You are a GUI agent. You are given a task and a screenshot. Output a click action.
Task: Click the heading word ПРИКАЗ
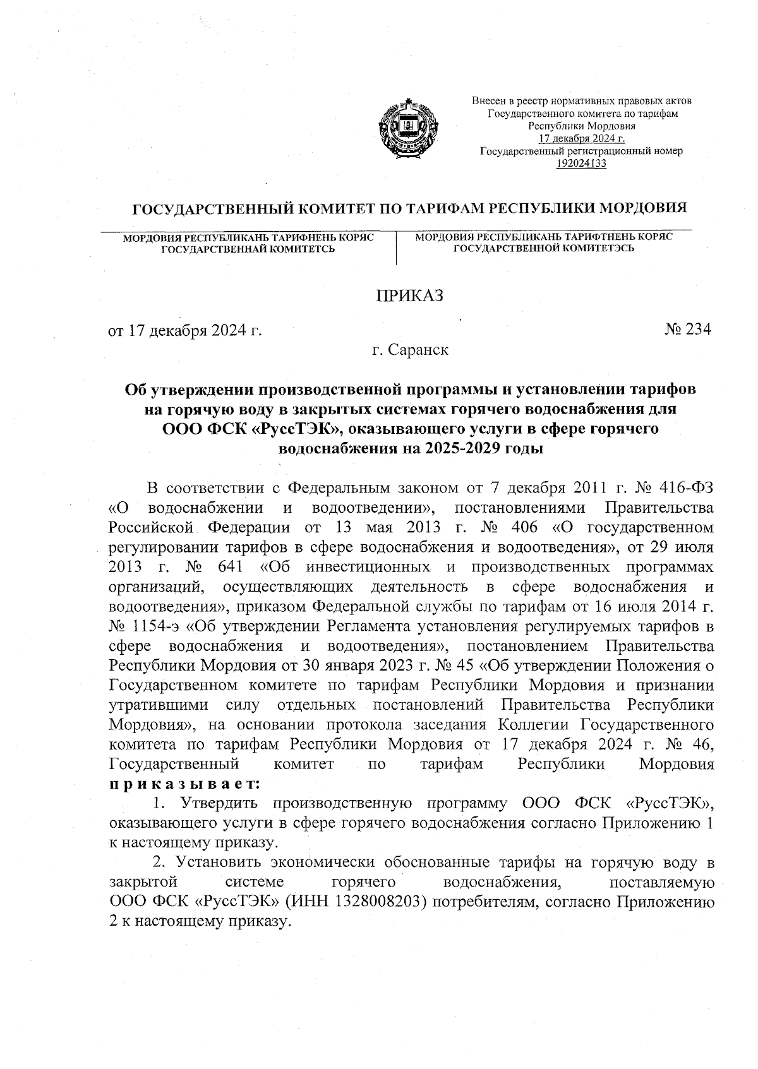[410, 296]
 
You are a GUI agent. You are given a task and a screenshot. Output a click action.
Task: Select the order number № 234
[687, 329]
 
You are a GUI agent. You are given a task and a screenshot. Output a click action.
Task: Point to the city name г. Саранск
[410, 349]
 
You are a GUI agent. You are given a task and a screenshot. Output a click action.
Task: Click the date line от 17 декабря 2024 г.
[186, 330]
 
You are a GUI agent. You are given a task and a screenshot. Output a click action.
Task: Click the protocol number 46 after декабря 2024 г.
[701, 744]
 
